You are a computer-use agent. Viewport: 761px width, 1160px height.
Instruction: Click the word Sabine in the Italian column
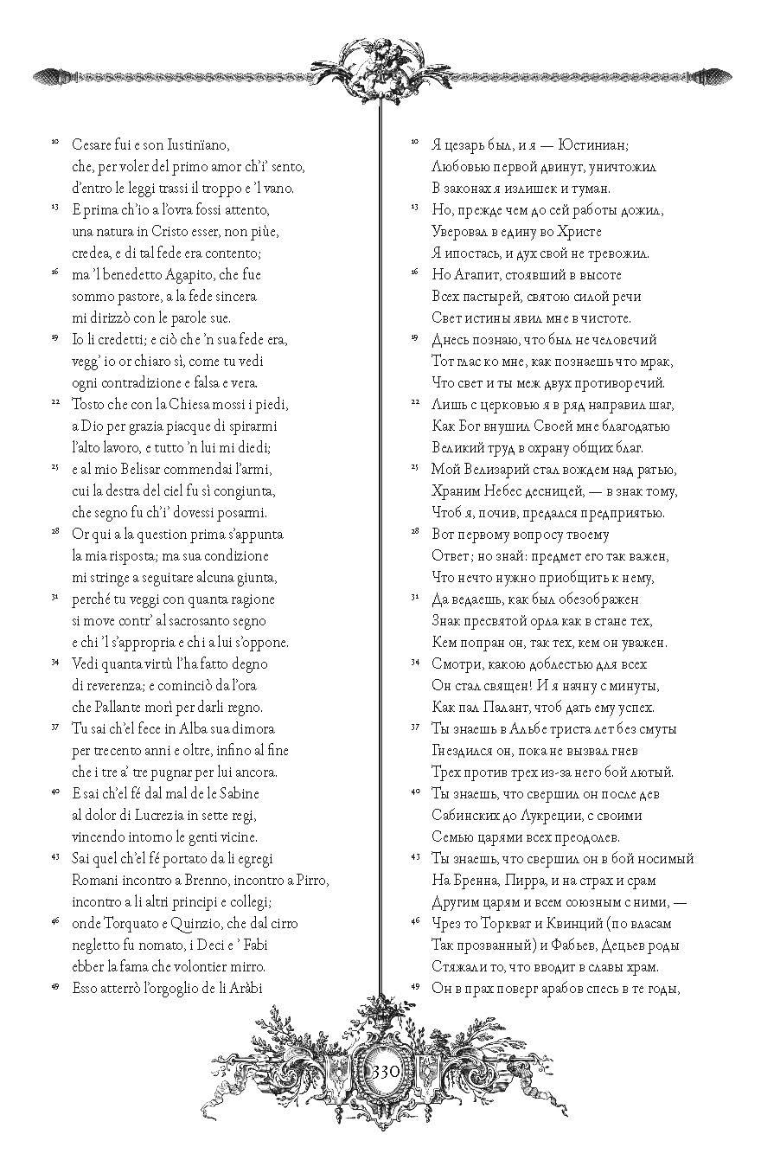pos(233,793)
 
